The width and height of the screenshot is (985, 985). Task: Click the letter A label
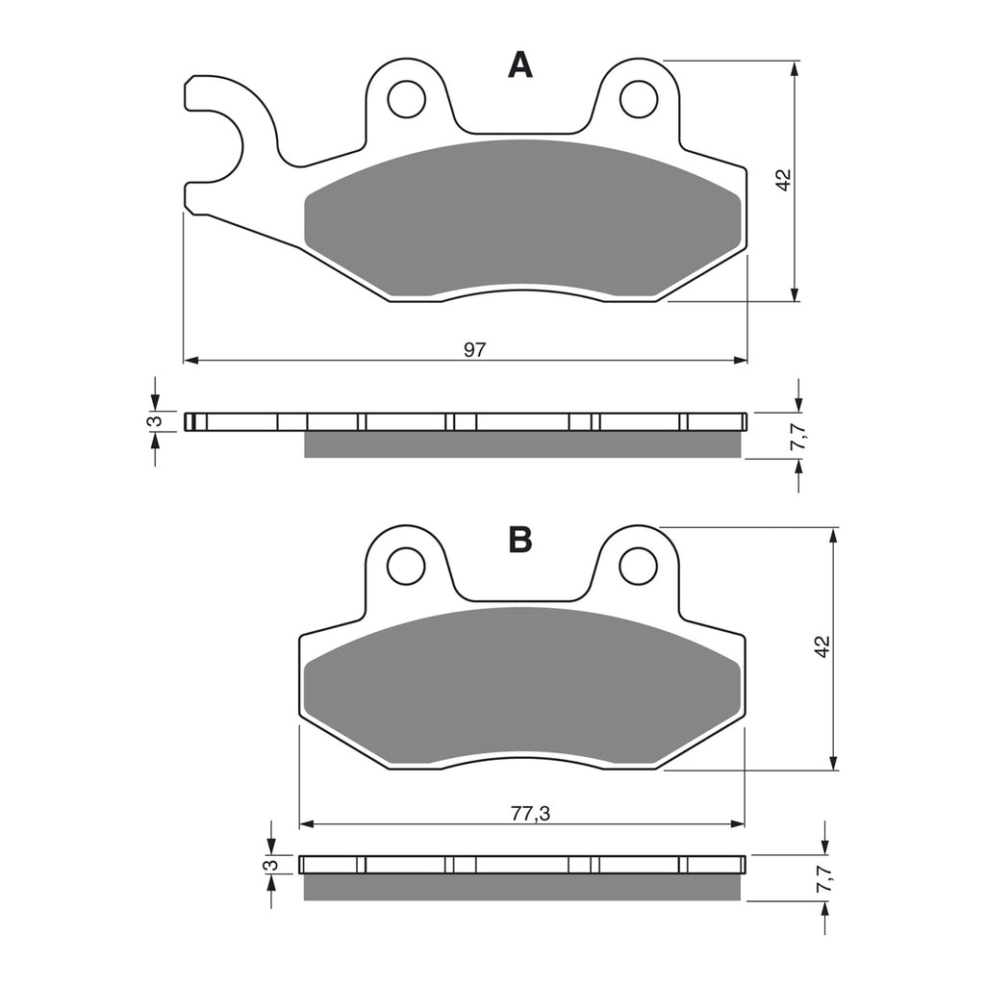[519, 65]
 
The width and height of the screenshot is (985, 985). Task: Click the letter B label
[519, 541]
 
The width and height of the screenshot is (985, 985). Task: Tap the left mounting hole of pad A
[406, 98]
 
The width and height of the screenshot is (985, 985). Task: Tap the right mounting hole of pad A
[638, 98]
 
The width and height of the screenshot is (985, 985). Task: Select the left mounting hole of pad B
[406, 565]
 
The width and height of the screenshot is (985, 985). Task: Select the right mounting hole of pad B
[638, 565]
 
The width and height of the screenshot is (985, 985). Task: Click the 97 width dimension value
[474, 350]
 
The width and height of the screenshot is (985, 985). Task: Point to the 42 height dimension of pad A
[783, 180]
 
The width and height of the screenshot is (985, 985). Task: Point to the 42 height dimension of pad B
[821, 646]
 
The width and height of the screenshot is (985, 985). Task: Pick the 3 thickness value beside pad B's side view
[274, 866]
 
